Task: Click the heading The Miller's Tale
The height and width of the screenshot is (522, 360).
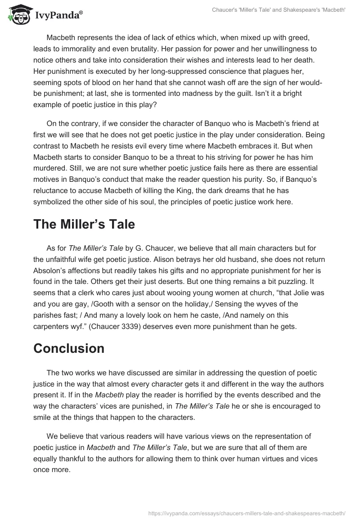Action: [x=84, y=225]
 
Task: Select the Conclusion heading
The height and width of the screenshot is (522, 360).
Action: [x=69, y=348]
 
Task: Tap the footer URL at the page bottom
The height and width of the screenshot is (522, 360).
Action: [x=247, y=512]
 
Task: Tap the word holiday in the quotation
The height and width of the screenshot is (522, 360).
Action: [x=205, y=304]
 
